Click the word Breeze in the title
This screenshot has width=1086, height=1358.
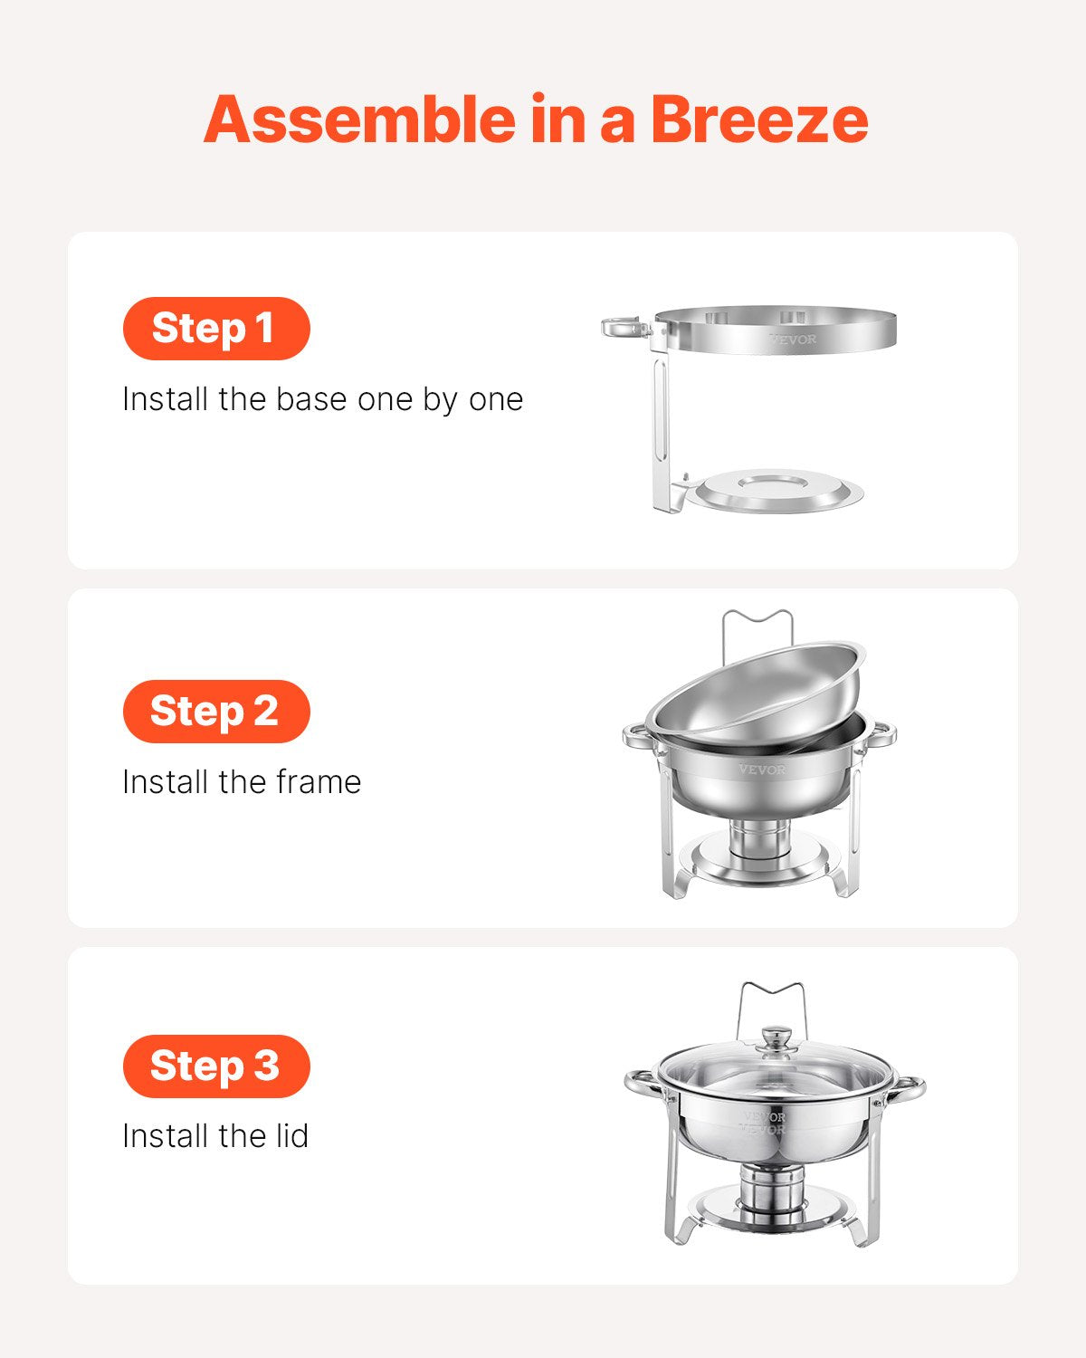click(758, 120)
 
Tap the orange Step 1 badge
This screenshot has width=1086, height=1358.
click(216, 328)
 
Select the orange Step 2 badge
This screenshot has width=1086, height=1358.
click(216, 711)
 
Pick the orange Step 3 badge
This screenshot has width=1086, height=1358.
click(216, 1066)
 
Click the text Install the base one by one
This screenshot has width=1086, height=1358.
click(322, 399)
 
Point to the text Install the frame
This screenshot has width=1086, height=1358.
click(242, 782)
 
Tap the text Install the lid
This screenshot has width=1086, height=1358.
click(215, 1136)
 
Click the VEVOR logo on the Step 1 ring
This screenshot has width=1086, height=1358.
click(793, 339)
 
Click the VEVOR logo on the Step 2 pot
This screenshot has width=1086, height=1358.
click(762, 770)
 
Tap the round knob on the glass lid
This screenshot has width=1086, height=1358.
click(775, 1038)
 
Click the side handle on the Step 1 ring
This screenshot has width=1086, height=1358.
click(624, 327)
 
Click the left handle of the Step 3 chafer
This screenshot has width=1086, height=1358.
click(641, 1083)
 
